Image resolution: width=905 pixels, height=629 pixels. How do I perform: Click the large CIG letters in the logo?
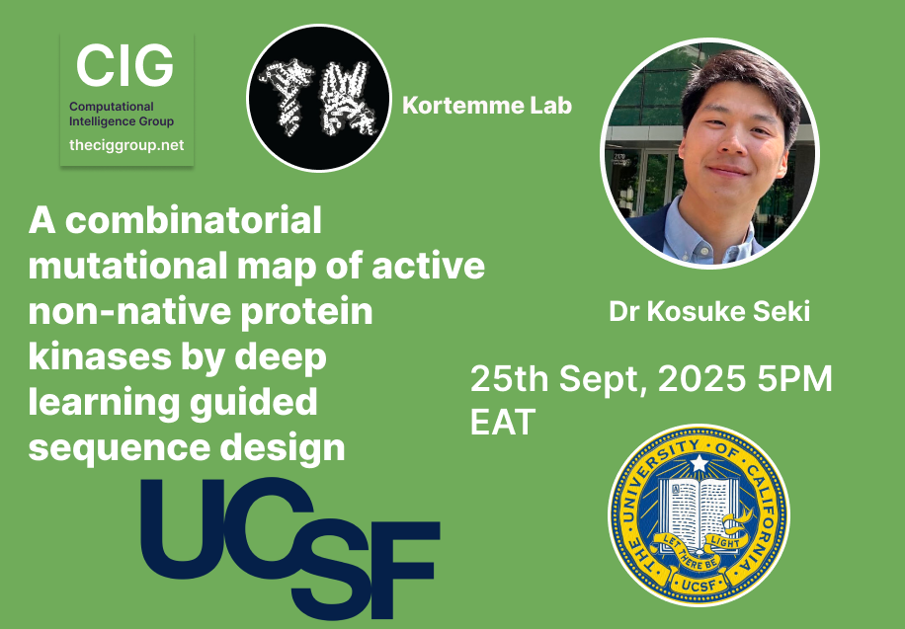124,65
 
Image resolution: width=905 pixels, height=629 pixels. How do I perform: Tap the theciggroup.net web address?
126,145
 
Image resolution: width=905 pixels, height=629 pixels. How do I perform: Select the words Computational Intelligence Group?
122,114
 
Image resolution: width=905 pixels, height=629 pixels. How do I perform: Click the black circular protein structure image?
319,98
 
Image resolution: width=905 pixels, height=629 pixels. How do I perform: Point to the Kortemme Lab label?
487,105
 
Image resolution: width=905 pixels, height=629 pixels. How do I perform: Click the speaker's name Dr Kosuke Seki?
709,312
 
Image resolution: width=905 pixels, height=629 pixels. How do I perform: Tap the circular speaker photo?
710,153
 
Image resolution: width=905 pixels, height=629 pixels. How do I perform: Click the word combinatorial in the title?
194,220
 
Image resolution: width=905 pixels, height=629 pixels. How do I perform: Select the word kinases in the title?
100,357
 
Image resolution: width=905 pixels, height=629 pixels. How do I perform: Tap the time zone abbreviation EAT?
503,422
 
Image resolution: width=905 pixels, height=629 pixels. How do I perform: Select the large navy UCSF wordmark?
290,548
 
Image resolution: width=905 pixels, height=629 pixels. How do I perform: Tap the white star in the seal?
699,463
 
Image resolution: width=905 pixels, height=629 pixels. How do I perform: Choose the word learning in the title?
101,403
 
